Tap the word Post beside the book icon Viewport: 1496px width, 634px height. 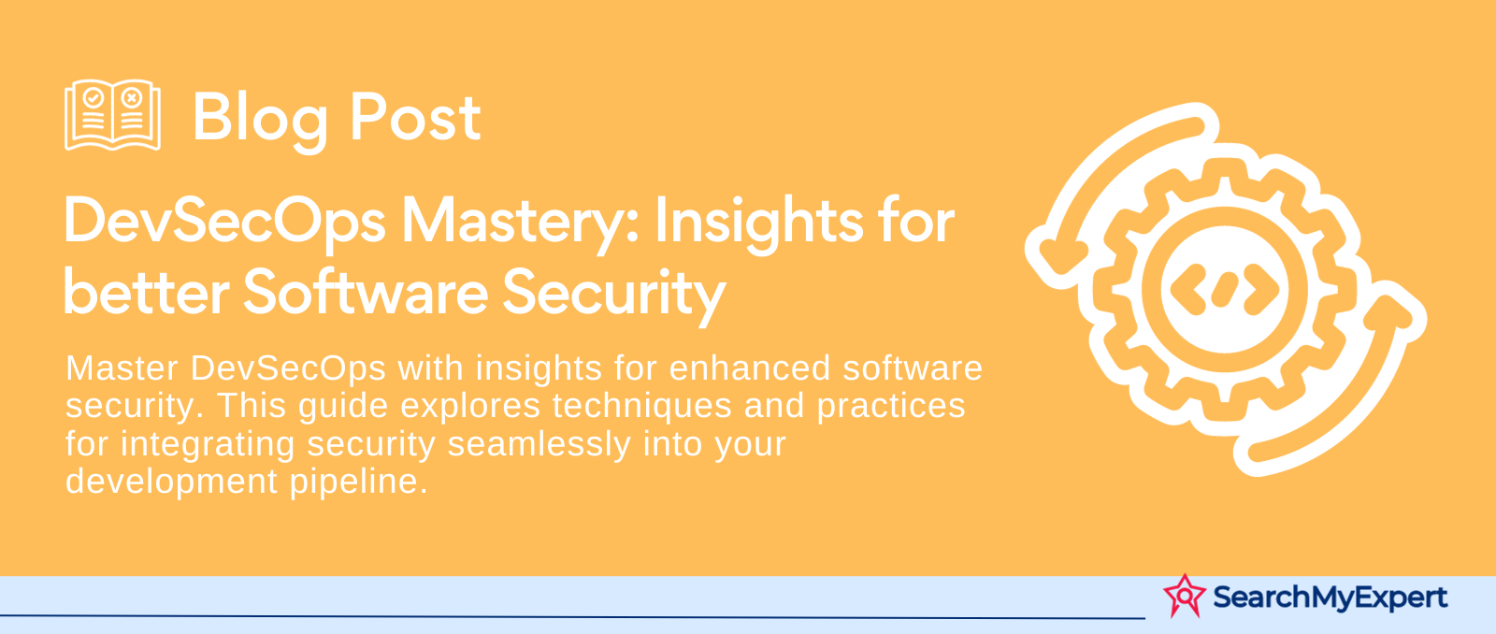coord(415,118)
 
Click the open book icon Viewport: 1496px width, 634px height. coord(112,115)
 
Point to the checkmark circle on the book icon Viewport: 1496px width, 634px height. coord(93,98)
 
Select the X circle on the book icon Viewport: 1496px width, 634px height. coord(132,98)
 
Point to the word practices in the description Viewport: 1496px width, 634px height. coord(891,406)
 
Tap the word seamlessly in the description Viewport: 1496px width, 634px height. coord(539,444)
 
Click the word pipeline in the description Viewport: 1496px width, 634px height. coord(358,482)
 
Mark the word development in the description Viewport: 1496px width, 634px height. coord(171,482)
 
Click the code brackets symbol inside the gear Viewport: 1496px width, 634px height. coord(1224,289)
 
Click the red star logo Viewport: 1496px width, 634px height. coord(1185,596)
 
